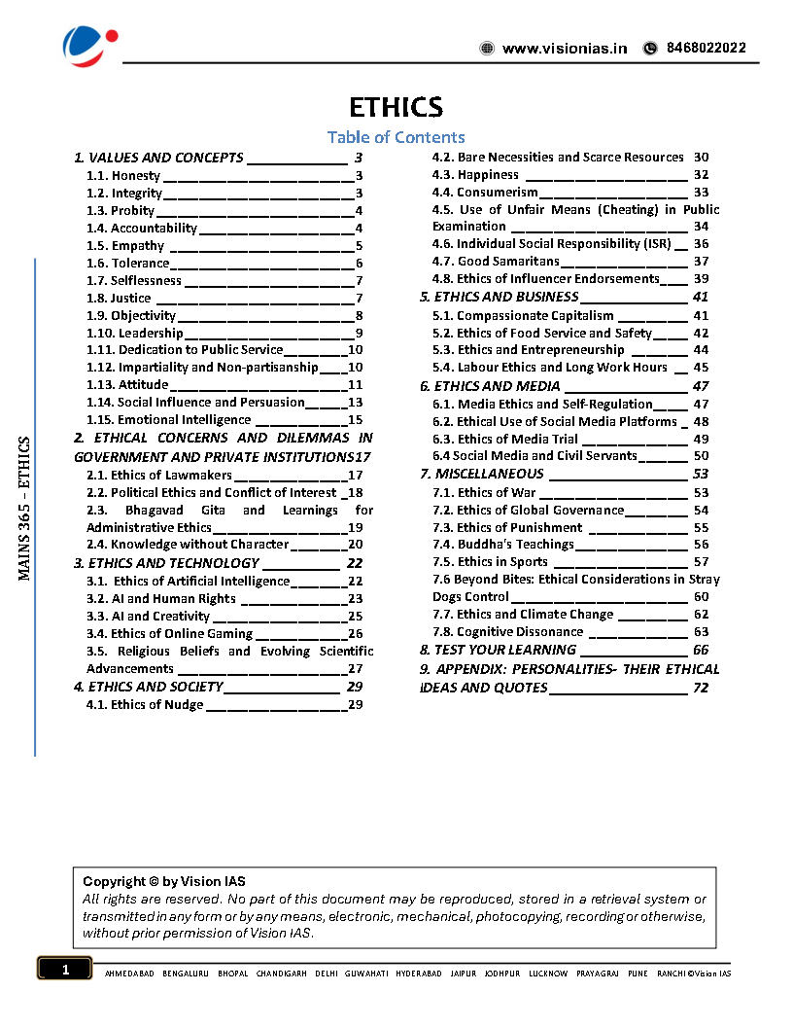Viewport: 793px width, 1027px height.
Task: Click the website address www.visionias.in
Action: click(x=564, y=49)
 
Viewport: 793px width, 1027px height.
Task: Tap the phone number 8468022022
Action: click(x=706, y=48)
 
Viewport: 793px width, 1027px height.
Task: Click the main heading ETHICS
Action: click(x=396, y=107)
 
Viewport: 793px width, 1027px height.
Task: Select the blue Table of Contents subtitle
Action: click(x=396, y=138)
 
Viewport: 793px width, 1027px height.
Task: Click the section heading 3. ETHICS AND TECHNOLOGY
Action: click(x=167, y=563)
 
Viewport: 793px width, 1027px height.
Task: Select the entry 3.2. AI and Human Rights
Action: click(x=160, y=599)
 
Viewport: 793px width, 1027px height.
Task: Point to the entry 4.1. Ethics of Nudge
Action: click(x=145, y=705)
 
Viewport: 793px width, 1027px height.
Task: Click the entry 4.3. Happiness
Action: click(x=475, y=175)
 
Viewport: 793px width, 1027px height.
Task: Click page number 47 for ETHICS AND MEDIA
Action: click(x=701, y=386)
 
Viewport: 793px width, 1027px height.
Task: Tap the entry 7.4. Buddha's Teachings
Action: click(x=502, y=545)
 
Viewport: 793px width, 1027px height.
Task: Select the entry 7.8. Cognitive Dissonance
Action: click(x=506, y=632)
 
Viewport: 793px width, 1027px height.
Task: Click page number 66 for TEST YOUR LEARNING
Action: click(x=701, y=650)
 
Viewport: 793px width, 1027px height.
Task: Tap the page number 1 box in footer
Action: click(x=65, y=970)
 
